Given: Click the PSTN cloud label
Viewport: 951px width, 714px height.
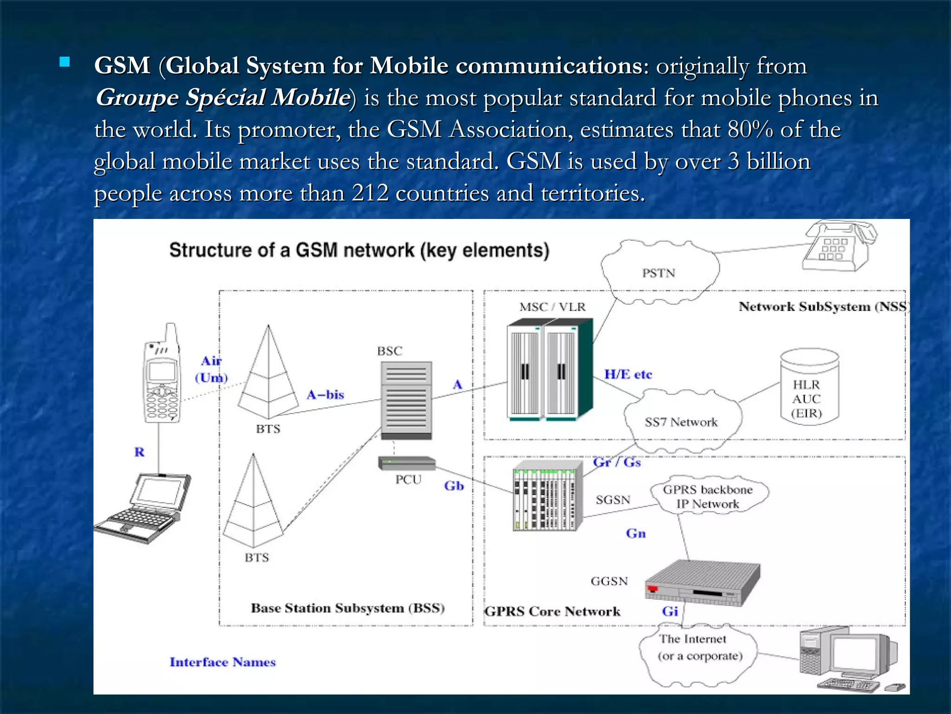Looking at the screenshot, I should [x=658, y=273].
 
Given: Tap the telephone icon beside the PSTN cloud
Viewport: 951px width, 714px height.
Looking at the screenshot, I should [x=839, y=246].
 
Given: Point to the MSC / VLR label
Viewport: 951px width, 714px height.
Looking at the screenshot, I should [x=552, y=307].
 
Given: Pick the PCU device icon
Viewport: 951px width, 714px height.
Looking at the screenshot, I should [x=407, y=463].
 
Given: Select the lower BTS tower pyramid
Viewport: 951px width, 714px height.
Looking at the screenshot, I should [x=253, y=504].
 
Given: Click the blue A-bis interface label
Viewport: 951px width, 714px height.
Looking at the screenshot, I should [x=325, y=395].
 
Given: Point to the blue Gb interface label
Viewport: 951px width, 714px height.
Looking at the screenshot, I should [x=454, y=486].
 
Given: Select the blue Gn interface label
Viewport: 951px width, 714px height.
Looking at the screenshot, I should [x=636, y=533].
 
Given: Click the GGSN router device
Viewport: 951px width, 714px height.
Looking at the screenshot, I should [x=702, y=584].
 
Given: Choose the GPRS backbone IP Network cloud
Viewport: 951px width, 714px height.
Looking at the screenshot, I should [x=707, y=496].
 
